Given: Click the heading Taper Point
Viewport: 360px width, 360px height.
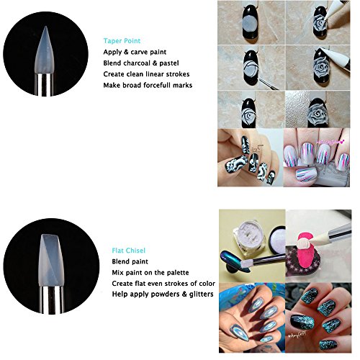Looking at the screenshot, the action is (x=122, y=41).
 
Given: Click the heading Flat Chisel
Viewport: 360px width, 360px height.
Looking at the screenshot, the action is (x=129, y=251).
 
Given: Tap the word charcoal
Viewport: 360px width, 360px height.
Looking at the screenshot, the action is (x=138, y=63).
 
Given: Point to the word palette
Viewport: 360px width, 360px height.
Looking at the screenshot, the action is (x=177, y=273).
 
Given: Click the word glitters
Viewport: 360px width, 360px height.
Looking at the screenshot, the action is (x=202, y=294).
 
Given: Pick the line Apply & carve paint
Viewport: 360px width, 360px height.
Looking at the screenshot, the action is (x=135, y=52).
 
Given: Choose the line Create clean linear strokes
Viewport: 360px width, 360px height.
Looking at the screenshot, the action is (x=146, y=74).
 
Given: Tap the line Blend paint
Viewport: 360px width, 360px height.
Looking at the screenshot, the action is (x=130, y=261).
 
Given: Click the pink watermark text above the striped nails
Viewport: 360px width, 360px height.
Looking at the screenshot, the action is (x=333, y=143).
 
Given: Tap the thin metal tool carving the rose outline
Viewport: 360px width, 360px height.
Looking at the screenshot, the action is (x=266, y=83).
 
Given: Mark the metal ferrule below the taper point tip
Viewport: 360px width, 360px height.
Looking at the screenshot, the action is (x=44, y=84).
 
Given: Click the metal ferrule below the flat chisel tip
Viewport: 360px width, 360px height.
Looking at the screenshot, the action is (x=51, y=300).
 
